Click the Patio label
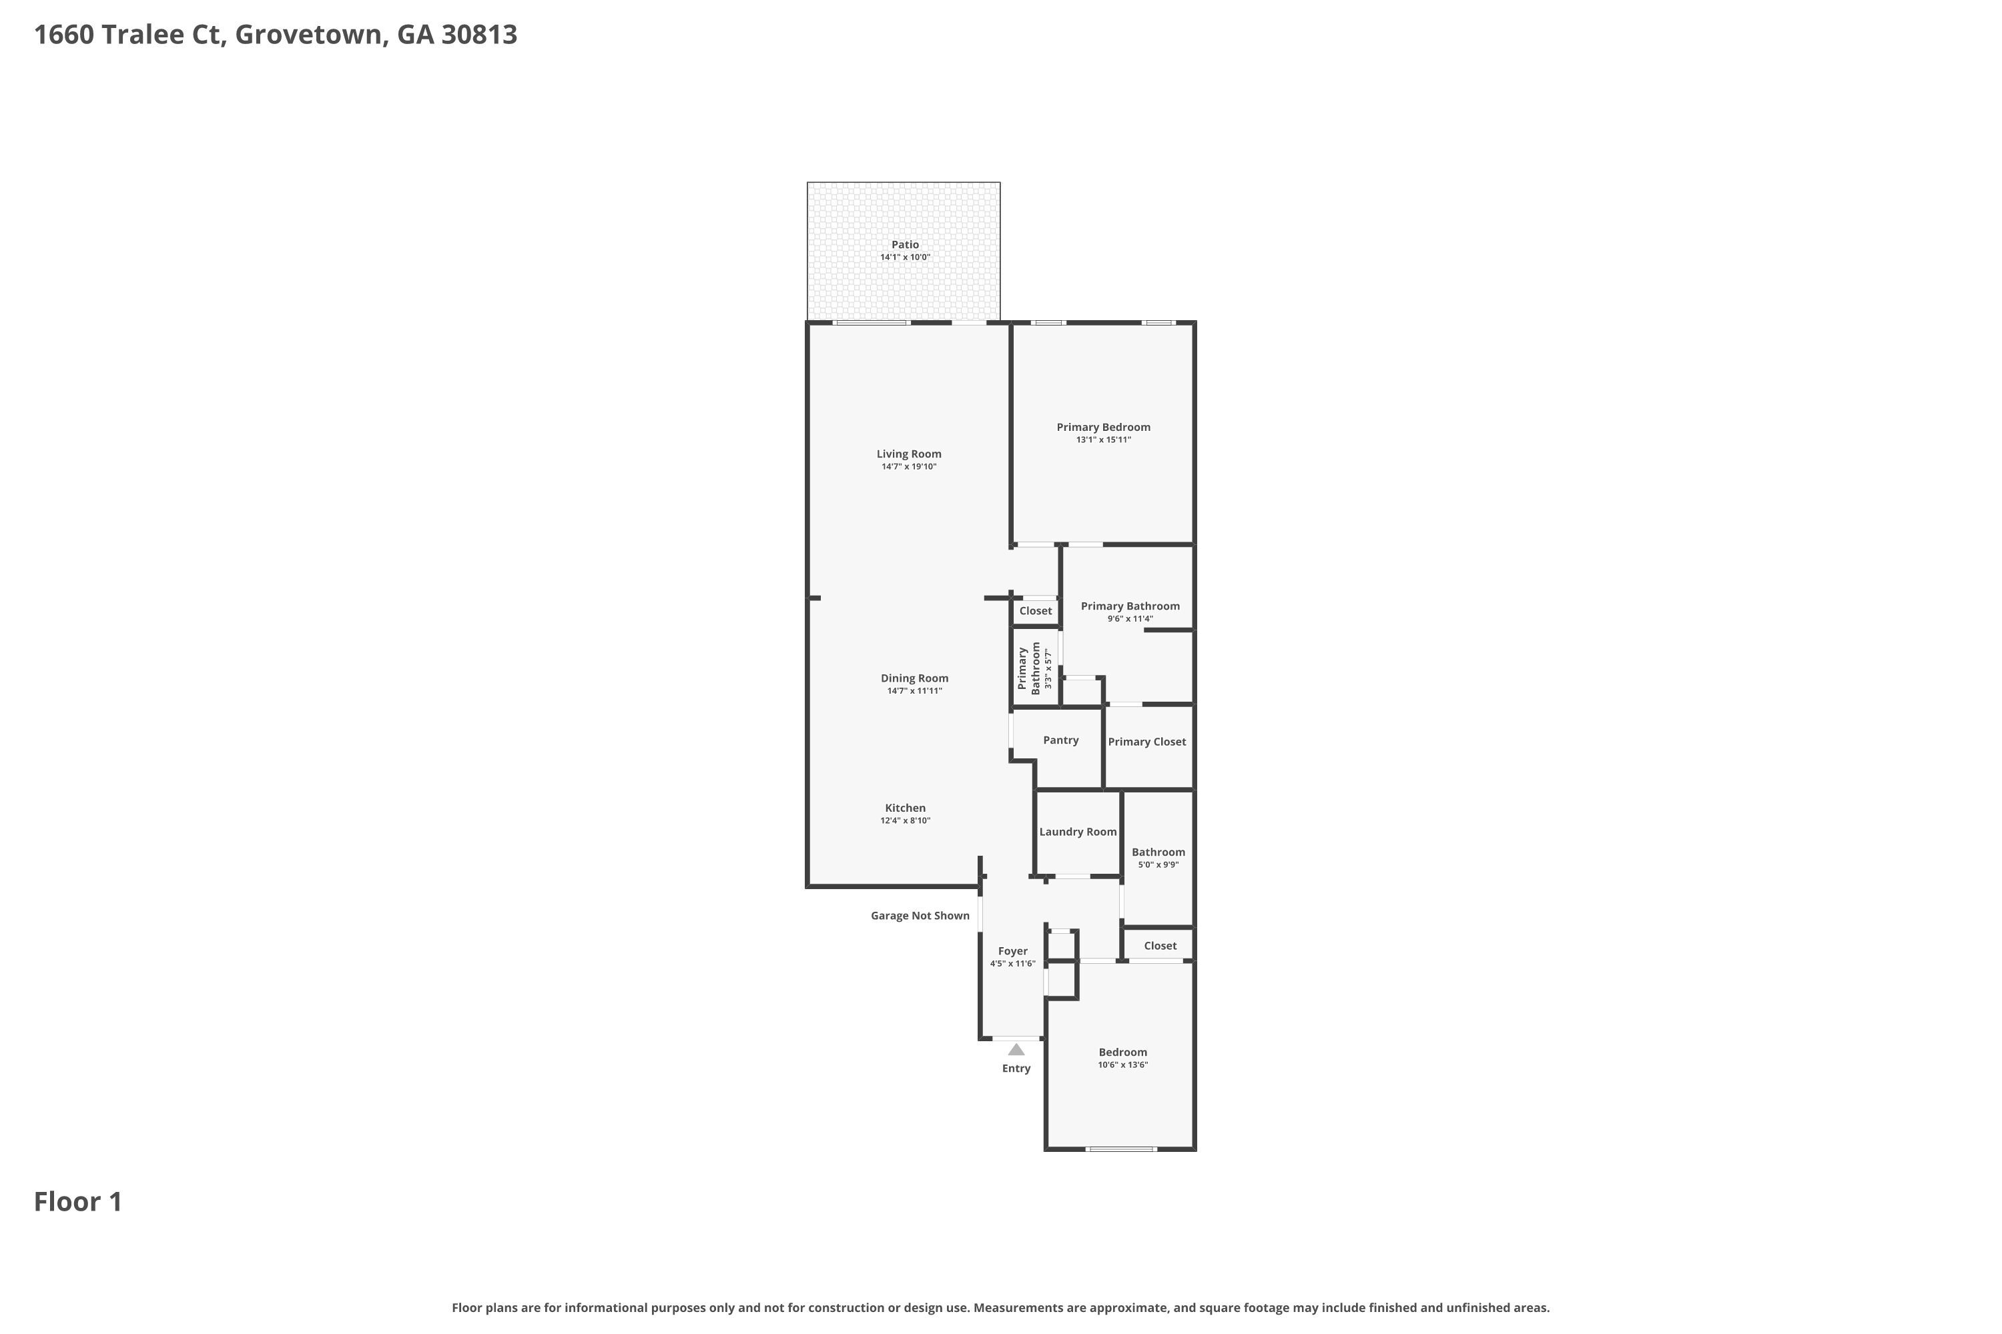[x=905, y=245]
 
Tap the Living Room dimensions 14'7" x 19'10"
[x=909, y=467]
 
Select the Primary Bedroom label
[x=1103, y=427]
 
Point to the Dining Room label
[x=914, y=678]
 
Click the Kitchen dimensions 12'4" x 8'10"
[x=905, y=821]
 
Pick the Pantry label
[x=1060, y=740]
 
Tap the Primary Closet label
[x=1146, y=742]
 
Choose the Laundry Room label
[x=1078, y=832]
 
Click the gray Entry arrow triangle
[x=1016, y=1049]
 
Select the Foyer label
[x=1013, y=951]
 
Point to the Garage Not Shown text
[x=920, y=915]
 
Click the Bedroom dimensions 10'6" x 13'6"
[x=1122, y=1065]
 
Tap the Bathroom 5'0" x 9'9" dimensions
[x=1158, y=865]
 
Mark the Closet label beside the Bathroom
[x=1160, y=946]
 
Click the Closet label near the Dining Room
[x=1036, y=611]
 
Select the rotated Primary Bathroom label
[x=1029, y=669]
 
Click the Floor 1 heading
[x=78, y=1202]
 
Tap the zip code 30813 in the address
[x=479, y=35]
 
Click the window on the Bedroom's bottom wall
[x=1121, y=1149]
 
